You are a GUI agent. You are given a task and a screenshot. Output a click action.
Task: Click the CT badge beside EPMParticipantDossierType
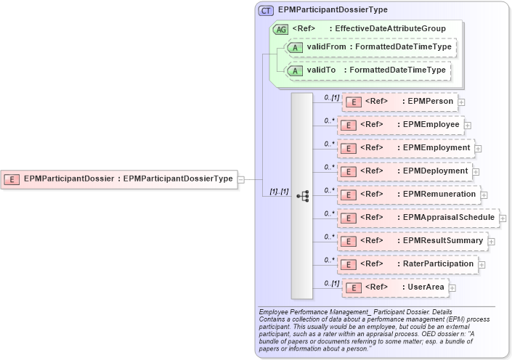tap(266, 10)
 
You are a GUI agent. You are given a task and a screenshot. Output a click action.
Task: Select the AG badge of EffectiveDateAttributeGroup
tap(280, 30)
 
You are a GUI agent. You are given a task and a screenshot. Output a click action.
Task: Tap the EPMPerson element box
tap(399, 102)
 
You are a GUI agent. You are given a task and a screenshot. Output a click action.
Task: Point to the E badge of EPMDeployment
tap(348, 172)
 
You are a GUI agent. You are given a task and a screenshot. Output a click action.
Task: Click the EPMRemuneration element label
tap(438, 195)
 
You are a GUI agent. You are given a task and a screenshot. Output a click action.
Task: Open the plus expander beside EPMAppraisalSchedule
tap(503, 218)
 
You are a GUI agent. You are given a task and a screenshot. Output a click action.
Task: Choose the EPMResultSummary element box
tap(413, 241)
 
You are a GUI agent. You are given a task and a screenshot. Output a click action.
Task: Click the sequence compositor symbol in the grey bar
tap(302, 196)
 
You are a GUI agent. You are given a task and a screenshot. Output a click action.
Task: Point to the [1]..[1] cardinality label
tap(279, 192)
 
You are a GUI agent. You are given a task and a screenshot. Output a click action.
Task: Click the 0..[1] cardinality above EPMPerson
tap(331, 97)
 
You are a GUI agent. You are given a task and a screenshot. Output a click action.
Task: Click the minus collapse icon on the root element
tap(241, 179)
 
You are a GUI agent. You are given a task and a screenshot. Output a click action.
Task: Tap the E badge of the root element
tap(12, 179)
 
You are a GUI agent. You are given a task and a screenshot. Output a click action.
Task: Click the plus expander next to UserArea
tap(452, 288)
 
